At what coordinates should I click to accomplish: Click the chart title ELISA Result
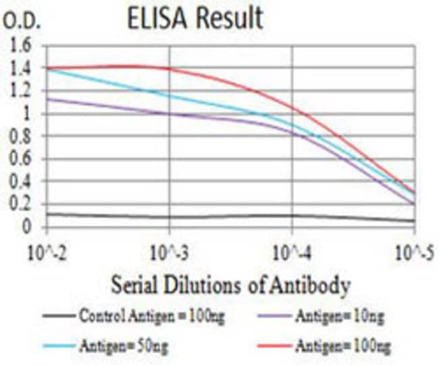point(195,18)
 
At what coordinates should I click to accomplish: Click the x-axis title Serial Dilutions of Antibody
point(231,286)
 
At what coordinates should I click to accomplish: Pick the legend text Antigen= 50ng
point(126,346)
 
